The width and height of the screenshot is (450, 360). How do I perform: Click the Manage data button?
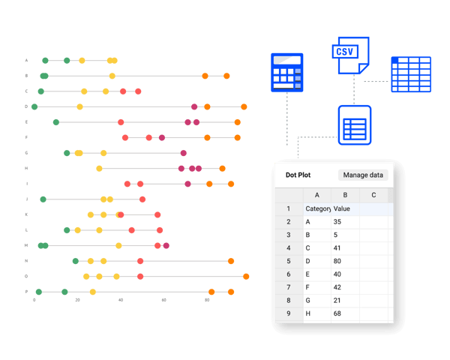tap(364, 175)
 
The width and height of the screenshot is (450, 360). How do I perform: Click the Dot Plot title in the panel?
tap(297, 175)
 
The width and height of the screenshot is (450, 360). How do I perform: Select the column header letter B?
tap(344, 195)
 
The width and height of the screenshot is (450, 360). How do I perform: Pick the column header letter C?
tap(373, 195)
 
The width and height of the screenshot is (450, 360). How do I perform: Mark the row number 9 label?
tap(288, 313)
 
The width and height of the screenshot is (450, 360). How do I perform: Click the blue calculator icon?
tap(286, 73)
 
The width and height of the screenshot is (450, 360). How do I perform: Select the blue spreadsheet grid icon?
tap(410, 74)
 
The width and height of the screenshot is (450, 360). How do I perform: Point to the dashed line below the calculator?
tap(286, 120)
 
